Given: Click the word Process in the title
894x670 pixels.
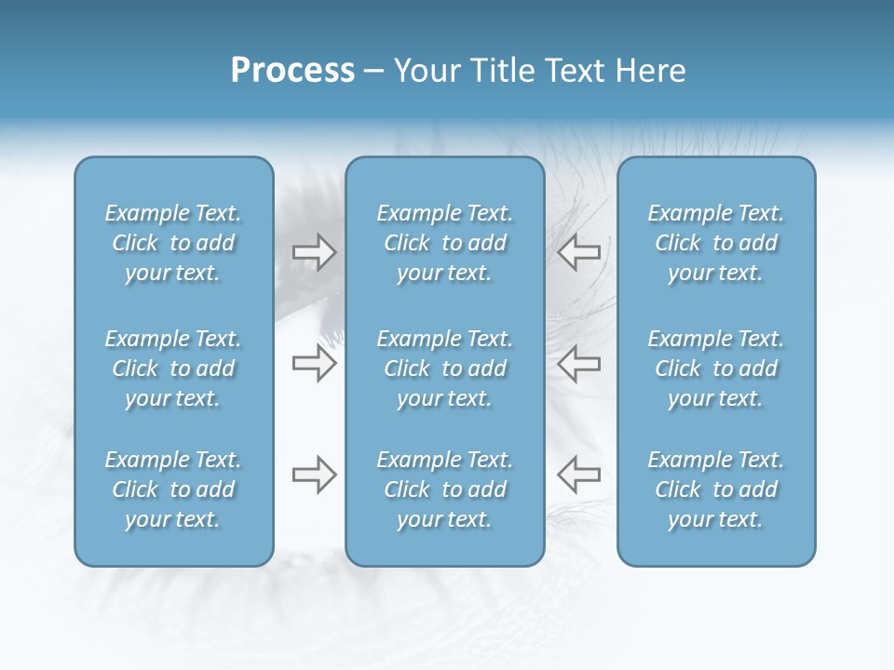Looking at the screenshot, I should coord(292,71).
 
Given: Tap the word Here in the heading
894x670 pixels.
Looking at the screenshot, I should coord(650,71).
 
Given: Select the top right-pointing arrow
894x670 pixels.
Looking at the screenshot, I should coord(314,253).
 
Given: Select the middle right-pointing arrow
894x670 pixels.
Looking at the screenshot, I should coord(314,364).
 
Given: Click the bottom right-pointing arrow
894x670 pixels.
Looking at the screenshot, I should coord(314,475).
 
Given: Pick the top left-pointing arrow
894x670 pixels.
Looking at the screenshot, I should coord(579,253).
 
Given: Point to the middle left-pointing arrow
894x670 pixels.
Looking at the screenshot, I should coord(579,364).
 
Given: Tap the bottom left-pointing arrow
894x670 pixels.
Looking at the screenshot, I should coord(579,475).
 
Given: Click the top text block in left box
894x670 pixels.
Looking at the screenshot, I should coord(173,243).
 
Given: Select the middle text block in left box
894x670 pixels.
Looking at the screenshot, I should coord(173,368).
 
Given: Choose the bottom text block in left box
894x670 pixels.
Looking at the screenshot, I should coord(173,489).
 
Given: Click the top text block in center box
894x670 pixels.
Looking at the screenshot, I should coord(444,243).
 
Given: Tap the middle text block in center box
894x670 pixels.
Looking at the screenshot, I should coord(444,368).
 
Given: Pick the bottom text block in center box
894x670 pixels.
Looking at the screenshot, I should coord(444,489).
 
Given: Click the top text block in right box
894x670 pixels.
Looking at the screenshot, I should coord(716,243).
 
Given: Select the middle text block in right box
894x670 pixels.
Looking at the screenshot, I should coord(716,368).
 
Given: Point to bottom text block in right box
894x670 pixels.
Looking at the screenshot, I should coord(716,489).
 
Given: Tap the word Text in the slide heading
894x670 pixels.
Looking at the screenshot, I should coord(573,71).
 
